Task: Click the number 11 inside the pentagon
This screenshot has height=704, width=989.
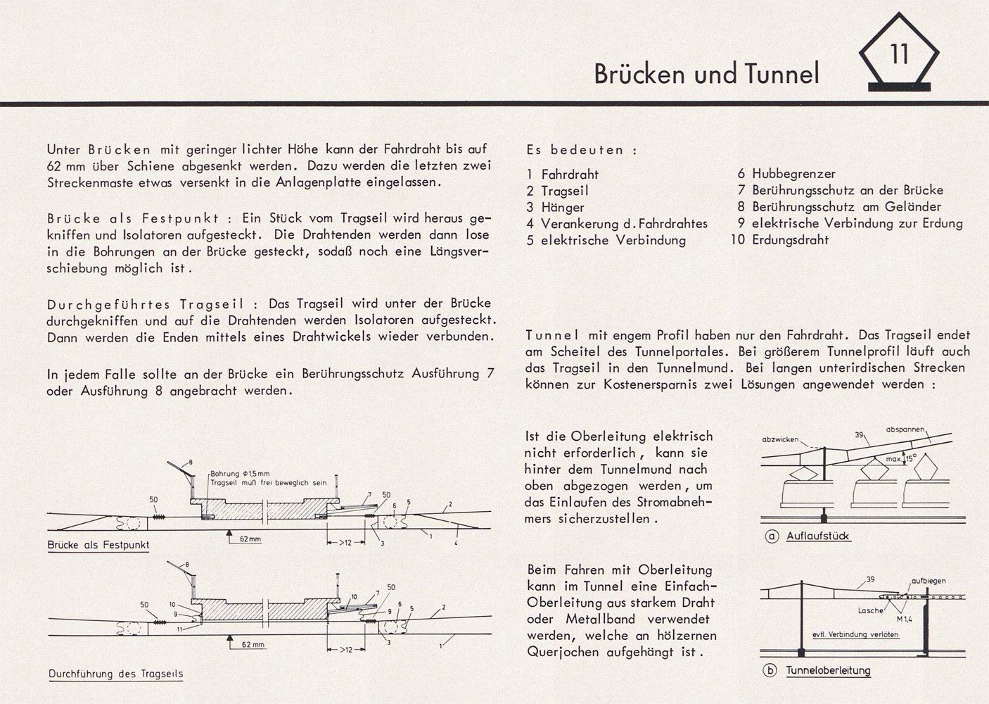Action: pos(899,54)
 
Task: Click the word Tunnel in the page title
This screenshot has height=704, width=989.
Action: pos(782,73)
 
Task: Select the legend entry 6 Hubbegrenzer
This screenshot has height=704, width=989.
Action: pos(786,174)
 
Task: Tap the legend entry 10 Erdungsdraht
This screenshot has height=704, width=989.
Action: pos(779,239)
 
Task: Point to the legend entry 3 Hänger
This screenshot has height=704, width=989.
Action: pos(555,207)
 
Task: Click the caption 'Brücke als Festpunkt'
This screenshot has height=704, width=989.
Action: pos(98,545)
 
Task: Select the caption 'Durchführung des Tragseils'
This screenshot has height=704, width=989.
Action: pos(115,674)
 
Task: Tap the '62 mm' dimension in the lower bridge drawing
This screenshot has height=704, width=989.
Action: pos(253,645)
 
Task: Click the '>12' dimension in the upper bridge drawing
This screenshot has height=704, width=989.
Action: pos(345,542)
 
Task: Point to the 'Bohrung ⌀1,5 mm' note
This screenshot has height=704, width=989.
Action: pos(240,474)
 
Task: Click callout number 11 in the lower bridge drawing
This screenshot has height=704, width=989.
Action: pos(179,629)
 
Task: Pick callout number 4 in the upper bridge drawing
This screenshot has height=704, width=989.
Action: pos(456,543)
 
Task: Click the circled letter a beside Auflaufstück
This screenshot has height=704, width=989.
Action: pos(772,536)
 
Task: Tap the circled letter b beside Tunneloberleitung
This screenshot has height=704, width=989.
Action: pos(770,671)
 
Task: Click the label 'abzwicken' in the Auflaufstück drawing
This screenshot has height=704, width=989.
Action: pos(780,440)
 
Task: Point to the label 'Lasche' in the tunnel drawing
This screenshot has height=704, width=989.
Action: pos(871,611)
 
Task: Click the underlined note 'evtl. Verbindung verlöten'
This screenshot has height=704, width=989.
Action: pos(855,634)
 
